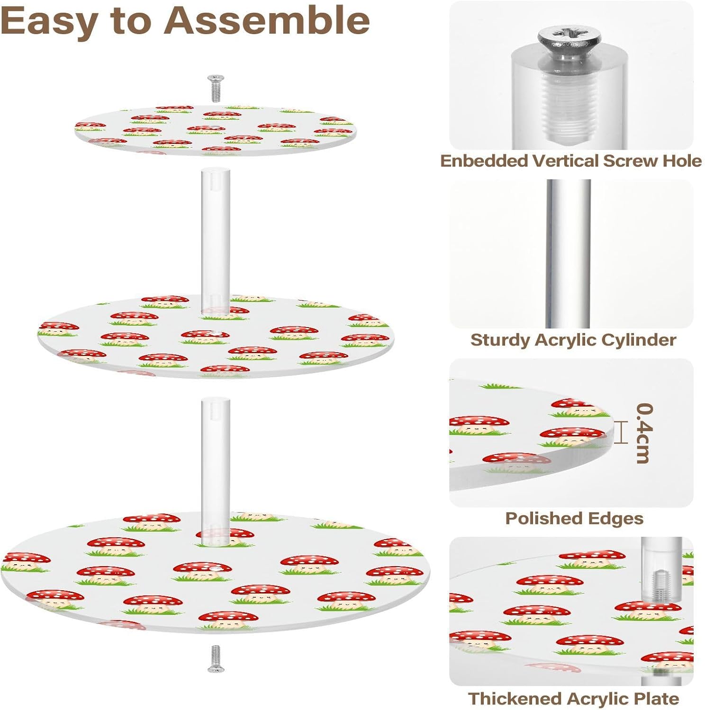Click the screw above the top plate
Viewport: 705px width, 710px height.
216,88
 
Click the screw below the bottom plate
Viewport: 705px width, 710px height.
216,658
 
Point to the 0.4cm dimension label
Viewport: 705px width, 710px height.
644,433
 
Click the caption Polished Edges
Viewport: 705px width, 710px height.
574,518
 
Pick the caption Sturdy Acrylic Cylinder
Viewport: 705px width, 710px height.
573,340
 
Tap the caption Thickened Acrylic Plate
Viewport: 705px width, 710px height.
574,699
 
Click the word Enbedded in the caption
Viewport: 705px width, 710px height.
484,161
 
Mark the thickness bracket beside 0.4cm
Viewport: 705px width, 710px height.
621,433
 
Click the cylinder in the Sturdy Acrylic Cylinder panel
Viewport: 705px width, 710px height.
568,253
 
